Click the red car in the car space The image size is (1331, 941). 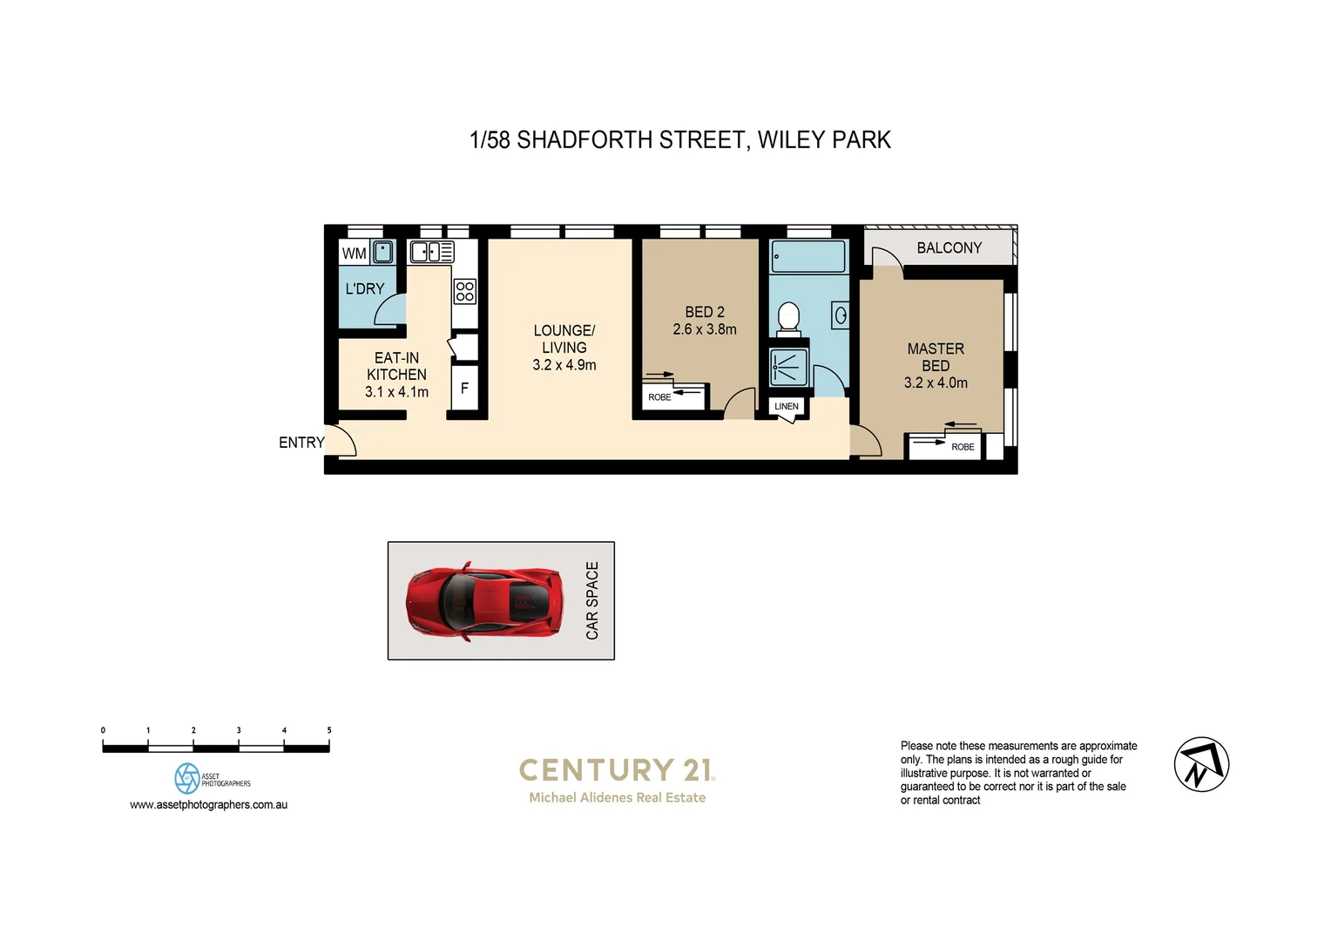[x=484, y=601]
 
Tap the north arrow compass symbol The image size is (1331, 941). [x=1201, y=764]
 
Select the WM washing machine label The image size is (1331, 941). [x=354, y=254]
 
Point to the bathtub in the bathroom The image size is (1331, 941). [x=808, y=257]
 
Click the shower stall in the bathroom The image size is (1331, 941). [x=789, y=367]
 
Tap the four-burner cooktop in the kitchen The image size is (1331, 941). [x=465, y=291]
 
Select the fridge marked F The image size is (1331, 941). [x=464, y=389]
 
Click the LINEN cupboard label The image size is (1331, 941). [x=786, y=406]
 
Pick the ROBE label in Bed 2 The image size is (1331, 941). [x=659, y=397]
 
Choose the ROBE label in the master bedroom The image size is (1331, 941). [x=963, y=447]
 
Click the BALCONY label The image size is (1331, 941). [x=949, y=248]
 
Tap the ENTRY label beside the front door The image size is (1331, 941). [x=301, y=443]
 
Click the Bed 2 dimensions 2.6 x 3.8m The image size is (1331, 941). [x=704, y=329]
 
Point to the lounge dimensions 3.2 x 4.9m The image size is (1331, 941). [x=564, y=365]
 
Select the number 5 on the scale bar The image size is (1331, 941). [x=329, y=730]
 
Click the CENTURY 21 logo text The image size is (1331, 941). [x=617, y=769]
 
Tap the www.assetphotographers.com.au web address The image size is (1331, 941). [x=208, y=804]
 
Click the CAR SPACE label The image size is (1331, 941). [x=592, y=600]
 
